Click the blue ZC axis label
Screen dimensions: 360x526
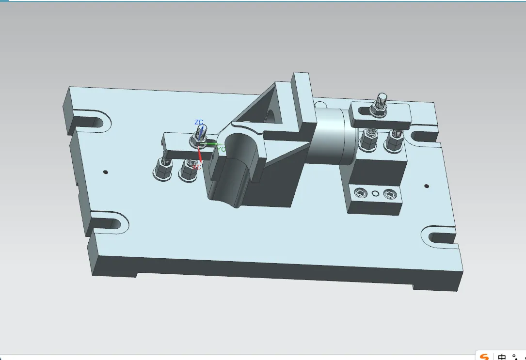pyautogui.click(x=199, y=123)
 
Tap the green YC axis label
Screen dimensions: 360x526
pyautogui.click(x=221, y=149)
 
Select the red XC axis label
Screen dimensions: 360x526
pyautogui.click(x=196, y=167)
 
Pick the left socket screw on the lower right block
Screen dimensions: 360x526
pyautogui.click(x=360, y=194)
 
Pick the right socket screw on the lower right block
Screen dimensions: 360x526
pyautogui.click(x=389, y=195)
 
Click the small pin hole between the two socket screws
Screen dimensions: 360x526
pyautogui.click(x=375, y=194)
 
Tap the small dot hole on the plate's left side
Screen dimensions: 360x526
pyautogui.click(x=106, y=172)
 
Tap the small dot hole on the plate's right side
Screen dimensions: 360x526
pyautogui.click(x=427, y=186)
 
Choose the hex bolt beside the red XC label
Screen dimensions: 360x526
pyautogui.click(x=188, y=171)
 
